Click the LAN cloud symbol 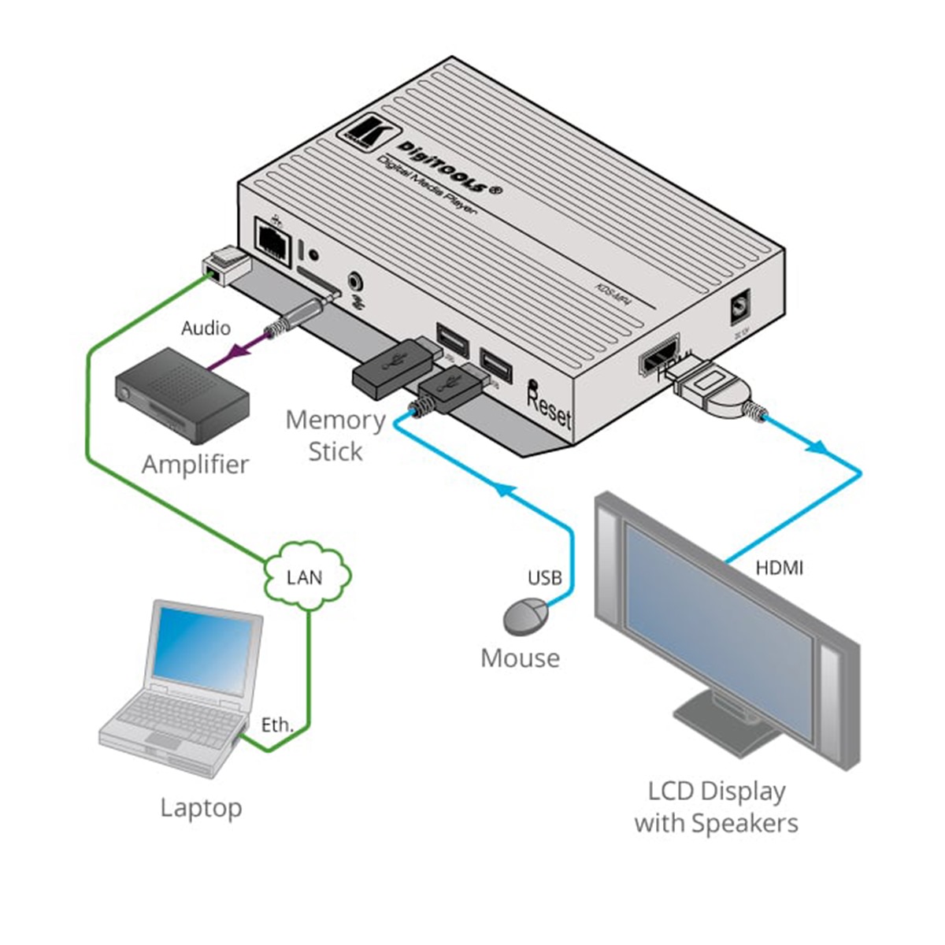(x=306, y=577)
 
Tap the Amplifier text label (x=195, y=464)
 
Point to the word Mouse (x=520, y=658)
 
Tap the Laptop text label (x=201, y=807)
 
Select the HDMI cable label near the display (x=779, y=566)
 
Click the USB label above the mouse (x=544, y=578)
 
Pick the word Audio (x=206, y=328)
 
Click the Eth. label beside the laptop (x=277, y=724)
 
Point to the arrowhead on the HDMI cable (x=818, y=447)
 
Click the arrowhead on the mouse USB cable (x=505, y=494)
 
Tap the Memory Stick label (x=335, y=435)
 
